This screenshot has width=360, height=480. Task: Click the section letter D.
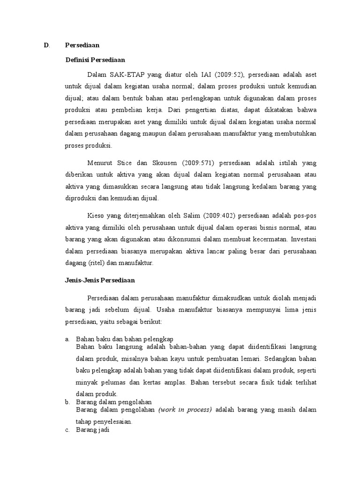pyautogui.click(x=46, y=45)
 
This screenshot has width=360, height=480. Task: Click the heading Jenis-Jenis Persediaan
pyautogui.click(x=99, y=280)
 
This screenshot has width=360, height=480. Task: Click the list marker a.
pyautogui.click(x=67, y=338)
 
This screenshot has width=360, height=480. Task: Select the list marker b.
pyautogui.click(x=67, y=402)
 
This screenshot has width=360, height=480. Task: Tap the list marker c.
pyautogui.click(x=67, y=430)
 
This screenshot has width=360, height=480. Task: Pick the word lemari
pyautogui.click(x=252, y=359)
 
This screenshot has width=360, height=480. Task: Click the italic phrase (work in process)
pyautogui.click(x=185, y=410)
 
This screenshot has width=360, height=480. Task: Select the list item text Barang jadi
pyautogui.click(x=92, y=430)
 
